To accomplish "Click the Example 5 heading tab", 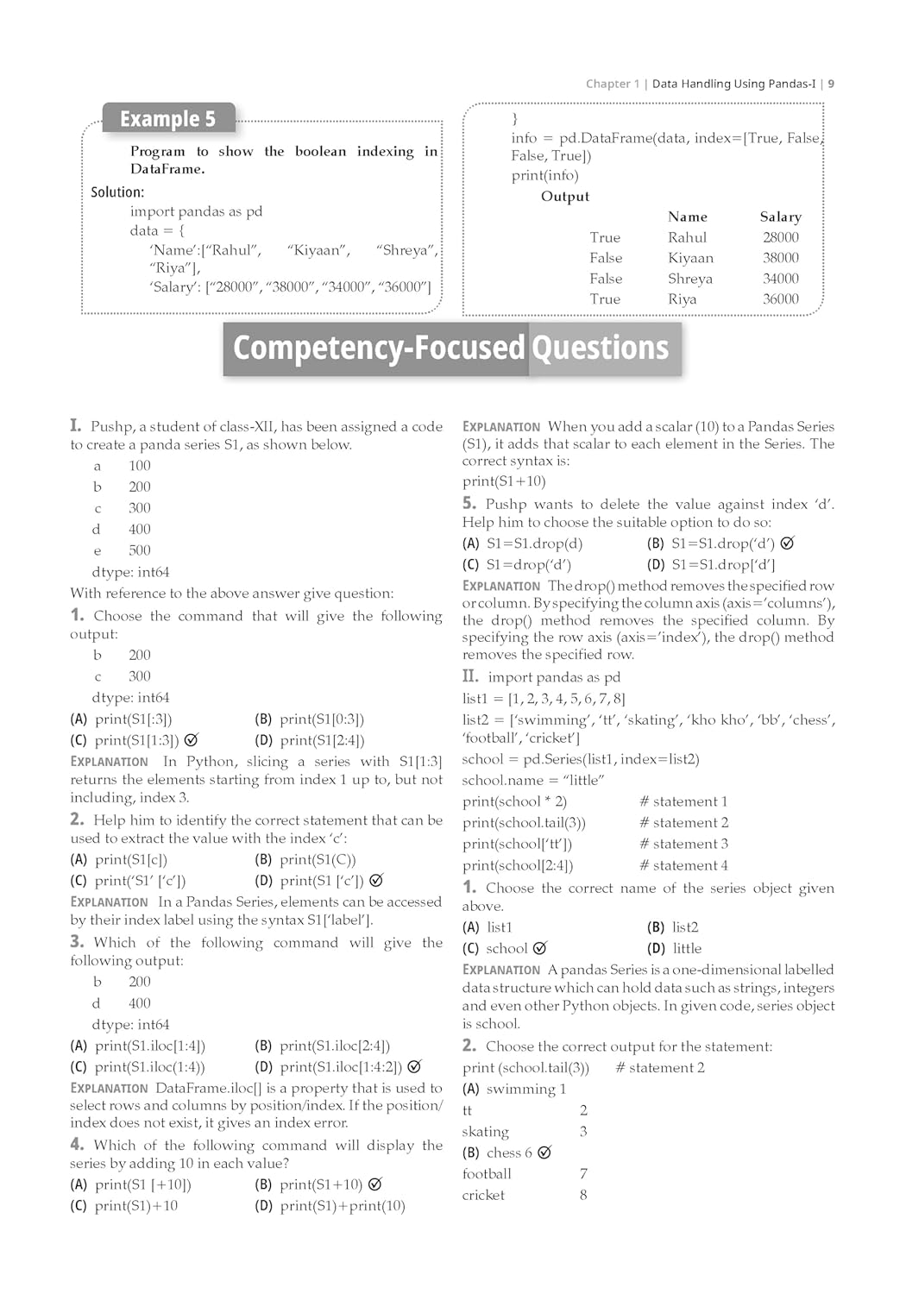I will [x=167, y=119].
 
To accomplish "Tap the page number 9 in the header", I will [x=831, y=84].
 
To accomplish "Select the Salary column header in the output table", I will [x=780, y=217].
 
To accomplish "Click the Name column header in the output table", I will [x=687, y=217].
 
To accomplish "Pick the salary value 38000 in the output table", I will [x=780, y=258].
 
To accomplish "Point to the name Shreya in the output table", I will [x=689, y=279].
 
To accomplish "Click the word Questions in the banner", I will [x=600, y=349].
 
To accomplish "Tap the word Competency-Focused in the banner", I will [x=379, y=349].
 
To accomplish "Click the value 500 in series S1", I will [x=140, y=550].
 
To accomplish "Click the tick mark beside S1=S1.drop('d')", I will [x=787, y=543].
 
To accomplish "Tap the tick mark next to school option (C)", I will [x=540, y=948].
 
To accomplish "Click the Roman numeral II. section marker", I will [x=470, y=676].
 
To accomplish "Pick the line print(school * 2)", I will [x=514, y=801].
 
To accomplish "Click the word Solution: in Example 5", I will [x=117, y=192].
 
